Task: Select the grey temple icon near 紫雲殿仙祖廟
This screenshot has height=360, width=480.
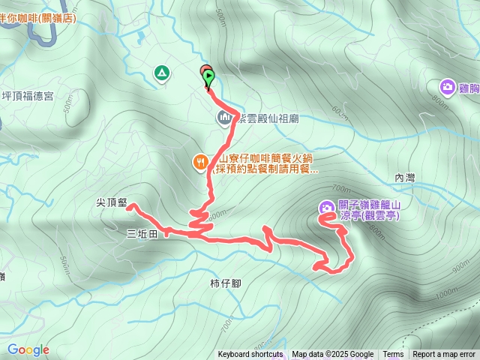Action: pos(224,118)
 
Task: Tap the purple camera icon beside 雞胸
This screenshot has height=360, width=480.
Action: pos(448,88)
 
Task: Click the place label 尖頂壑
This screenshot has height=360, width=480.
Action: pos(111,202)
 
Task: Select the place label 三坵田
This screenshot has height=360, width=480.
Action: pos(142,234)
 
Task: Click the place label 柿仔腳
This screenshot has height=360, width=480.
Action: pos(225,283)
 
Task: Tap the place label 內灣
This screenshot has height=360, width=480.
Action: pos(404,178)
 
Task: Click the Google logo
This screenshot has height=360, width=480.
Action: pos(28,349)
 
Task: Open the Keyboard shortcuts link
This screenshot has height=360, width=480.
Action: pos(250,355)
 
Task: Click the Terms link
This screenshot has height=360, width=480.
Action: pos(393,355)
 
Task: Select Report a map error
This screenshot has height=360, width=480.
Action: pos(444,355)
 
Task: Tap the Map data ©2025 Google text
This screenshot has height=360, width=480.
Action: pos(332,355)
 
